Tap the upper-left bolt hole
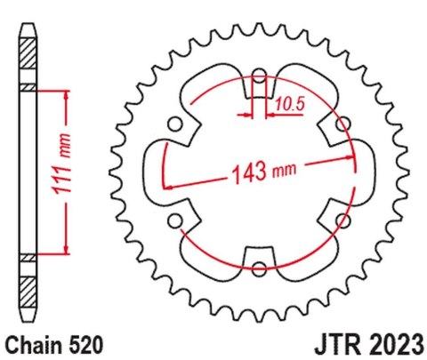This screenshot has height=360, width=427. coord(176,122)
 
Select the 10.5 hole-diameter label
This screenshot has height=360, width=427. coord(288,103)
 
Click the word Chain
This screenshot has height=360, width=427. coord(34,341)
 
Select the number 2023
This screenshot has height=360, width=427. coord(391,341)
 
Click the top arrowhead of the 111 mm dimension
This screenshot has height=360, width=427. coord(66,92)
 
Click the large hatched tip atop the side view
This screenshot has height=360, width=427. coord(28,53)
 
